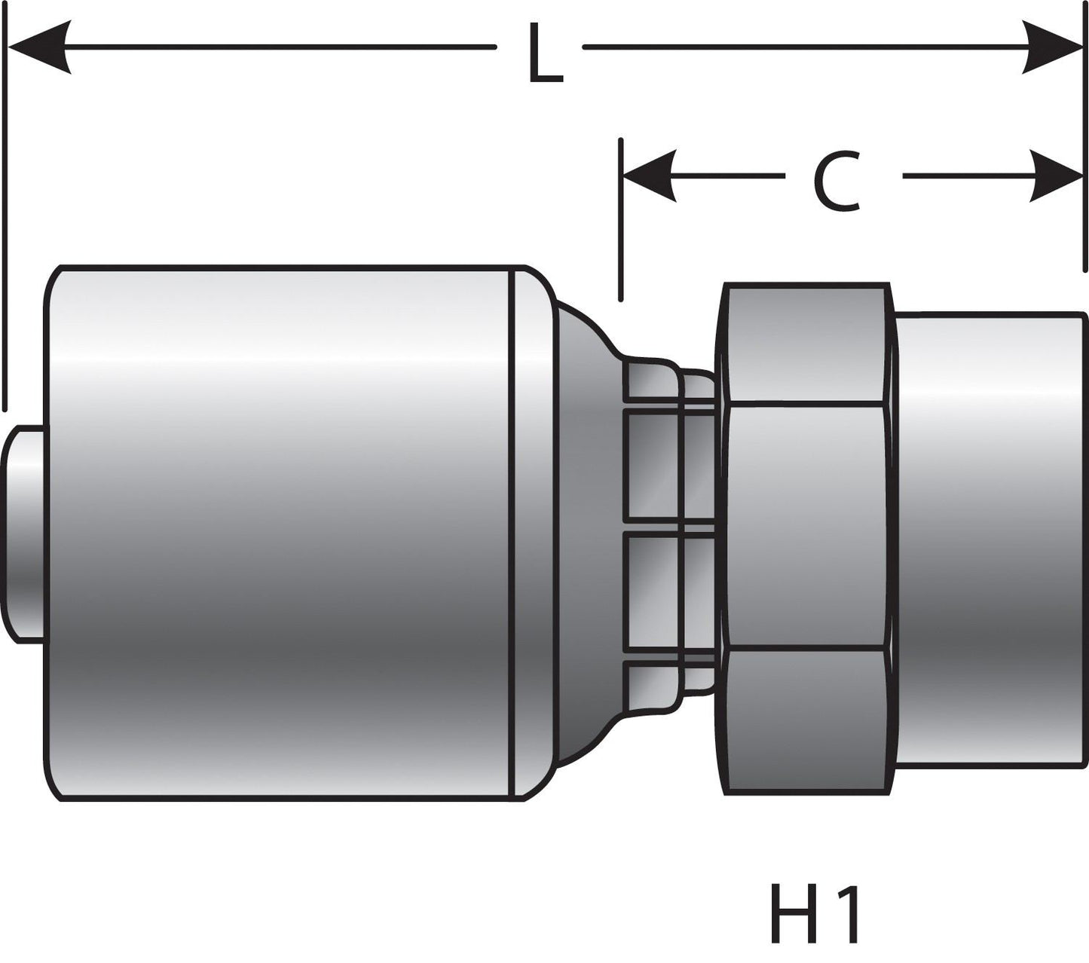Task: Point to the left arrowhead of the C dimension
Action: tap(648, 176)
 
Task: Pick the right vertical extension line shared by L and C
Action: tap(1084, 151)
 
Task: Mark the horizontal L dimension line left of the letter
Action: tap(279, 47)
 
